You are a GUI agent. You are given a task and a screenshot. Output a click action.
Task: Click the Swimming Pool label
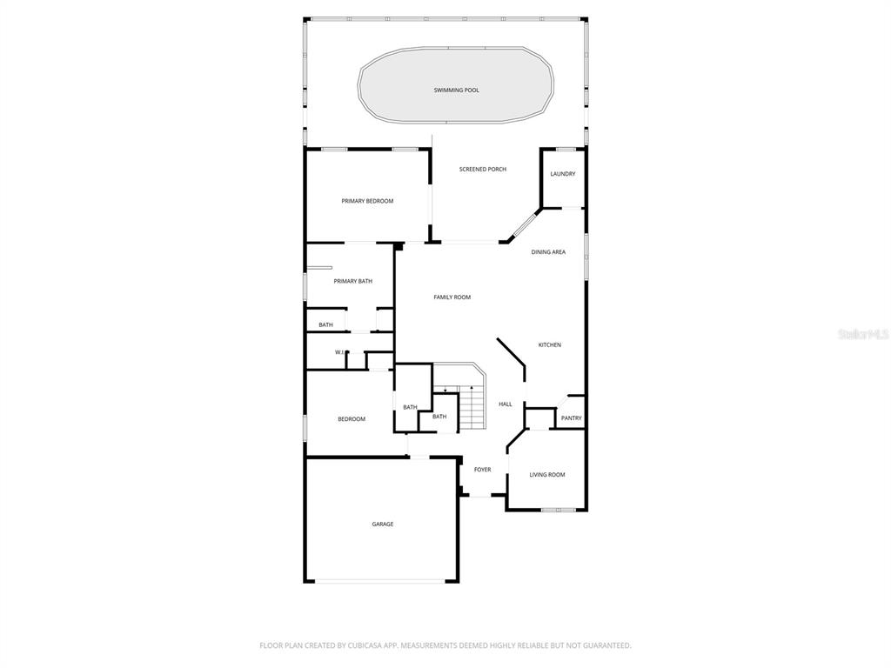coord(456,90)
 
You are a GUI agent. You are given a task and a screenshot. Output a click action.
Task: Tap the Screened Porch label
coord(482,170)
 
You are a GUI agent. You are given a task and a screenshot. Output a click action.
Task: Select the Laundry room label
coord(563,174)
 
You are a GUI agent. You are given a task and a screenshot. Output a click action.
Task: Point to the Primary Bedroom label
coord(367,201)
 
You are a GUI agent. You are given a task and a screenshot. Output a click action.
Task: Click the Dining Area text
coord(548,252)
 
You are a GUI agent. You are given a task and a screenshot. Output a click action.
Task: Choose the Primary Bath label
coord(353,281)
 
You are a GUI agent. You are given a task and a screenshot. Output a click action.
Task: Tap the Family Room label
coord(452,297)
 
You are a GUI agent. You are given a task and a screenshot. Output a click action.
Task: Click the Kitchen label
coord(550,344)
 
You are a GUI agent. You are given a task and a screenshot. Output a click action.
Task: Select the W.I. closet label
coord(339,353)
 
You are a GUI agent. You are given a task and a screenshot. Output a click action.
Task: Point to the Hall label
coord(506,404)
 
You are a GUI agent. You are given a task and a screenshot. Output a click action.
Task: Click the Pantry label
coord(571,418)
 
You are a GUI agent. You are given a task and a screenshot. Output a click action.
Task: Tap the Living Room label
coord(547,475)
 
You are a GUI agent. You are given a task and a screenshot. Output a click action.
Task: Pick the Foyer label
coord(482,470)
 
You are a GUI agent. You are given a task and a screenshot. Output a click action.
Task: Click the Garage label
coord(383,524)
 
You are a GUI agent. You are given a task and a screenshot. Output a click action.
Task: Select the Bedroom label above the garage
coord(352,419)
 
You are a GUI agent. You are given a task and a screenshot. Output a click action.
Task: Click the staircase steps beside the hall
coord(470,407)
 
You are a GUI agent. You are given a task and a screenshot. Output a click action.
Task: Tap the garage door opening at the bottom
coord(381,581)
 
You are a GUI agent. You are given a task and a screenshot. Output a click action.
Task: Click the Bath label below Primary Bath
coord(325,325)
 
